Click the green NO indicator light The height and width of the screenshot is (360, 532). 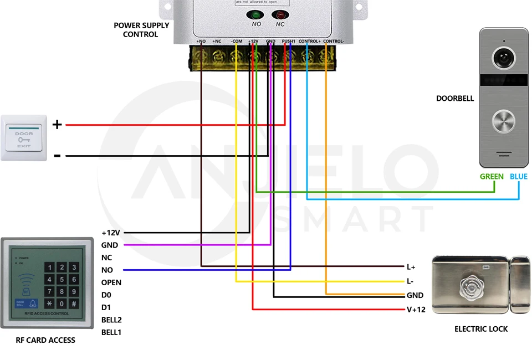(257, 15)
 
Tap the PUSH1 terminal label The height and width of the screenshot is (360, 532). (289, 42)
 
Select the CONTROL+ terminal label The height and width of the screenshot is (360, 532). (309, 42)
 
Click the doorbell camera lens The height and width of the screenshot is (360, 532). (504, 58)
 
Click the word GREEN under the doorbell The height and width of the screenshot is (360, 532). (492, 177)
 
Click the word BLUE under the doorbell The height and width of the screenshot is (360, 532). (519, 177)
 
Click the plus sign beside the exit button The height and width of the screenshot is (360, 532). (57, 125)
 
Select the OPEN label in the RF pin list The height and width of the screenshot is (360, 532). (111, 282)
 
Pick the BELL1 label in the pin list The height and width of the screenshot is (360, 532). (111, 332)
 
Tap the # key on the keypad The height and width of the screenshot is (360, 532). (74, 304)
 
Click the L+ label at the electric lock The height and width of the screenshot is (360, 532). (411, 267)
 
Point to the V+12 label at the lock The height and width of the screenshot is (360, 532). (416, 310)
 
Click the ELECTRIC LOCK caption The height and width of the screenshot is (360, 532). (481, 329)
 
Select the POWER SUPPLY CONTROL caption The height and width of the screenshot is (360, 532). (141, 30)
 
